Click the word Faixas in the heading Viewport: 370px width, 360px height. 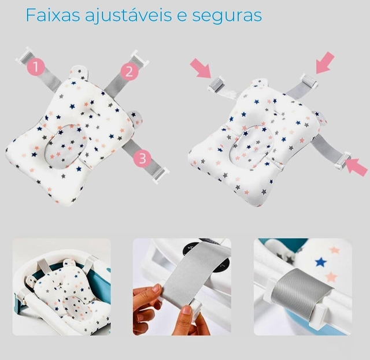coord(53,15)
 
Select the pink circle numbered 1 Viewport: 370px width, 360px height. coord(36,66)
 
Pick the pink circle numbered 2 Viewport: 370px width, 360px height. coord(129,72)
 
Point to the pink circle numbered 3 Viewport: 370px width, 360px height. coord(142,158)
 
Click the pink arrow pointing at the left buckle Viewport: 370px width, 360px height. coord(201,68)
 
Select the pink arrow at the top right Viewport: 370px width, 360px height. coord(325,63)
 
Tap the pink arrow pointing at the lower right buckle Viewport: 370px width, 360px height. coord(356,167)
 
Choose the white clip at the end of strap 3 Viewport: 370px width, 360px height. coord(161,175)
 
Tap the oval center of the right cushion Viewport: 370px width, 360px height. coord(251,144)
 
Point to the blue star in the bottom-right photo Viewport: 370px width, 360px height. coord(321,262)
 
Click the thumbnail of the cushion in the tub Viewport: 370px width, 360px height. coord(62,287)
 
